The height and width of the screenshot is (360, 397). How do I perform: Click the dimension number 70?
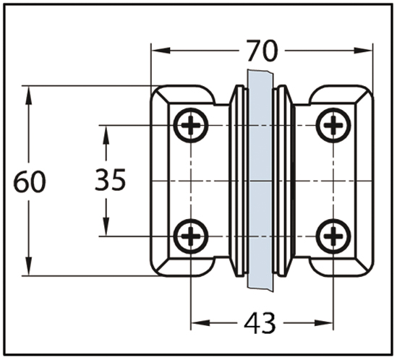point(262,51)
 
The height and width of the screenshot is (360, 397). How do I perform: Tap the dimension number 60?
point(30,181)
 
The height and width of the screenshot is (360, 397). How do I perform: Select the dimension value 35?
point(111,180)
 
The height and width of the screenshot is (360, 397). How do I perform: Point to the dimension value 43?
point(260,323)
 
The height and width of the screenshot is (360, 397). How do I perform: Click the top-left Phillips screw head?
point(191,125)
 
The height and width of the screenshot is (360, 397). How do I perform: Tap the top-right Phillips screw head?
point(333,125)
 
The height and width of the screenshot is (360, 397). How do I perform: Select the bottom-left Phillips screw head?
point(191,236)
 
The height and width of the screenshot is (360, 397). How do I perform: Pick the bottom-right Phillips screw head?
point(333,236)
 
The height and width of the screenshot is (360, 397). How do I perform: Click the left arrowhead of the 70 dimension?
point(161,51)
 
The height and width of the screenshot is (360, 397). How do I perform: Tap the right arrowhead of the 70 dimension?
point(363,51)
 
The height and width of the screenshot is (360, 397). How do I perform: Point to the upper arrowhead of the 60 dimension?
point(29,95)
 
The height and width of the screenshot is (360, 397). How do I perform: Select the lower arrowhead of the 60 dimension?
point(29,266)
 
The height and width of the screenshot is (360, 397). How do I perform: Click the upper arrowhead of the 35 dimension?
point(106,134)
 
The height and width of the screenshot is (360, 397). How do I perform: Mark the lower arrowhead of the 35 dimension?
point(106,227)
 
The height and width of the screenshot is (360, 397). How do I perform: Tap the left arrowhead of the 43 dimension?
point(200,323)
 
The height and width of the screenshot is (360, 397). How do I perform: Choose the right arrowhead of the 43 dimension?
point(323,323)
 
